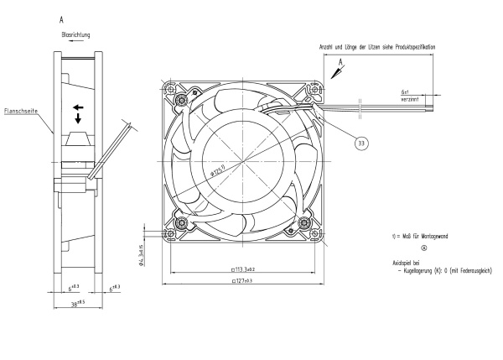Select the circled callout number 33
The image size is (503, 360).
361,143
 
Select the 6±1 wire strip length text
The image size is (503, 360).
405,91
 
